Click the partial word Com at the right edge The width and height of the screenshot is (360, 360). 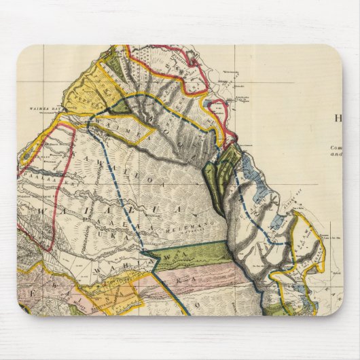pos(336,147)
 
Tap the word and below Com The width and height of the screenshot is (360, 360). pos(336,154)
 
